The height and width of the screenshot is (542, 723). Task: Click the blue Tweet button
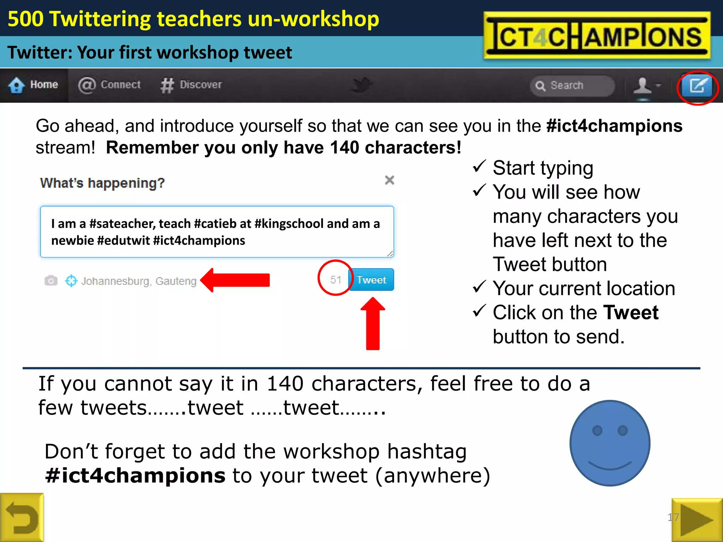pyautogui.click(x=371, y=280)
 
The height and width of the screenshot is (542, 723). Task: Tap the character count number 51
pyautogui.click(x=335, y=280)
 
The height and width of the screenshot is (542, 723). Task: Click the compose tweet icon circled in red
pyautogui.click(x=697, y=86)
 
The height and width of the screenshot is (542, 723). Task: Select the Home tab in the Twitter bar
pyautogui.click(x=34, y=85)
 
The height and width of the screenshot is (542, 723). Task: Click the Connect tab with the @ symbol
pyautogui.click(x=109, y=85)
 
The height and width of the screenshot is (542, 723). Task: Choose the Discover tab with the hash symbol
pyautogui.click(x=192, y=85)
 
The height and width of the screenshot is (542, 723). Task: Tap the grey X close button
pyautogui.click(x=389, y=180)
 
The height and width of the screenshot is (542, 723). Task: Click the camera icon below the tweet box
pyautogui.click(x=51, y=281)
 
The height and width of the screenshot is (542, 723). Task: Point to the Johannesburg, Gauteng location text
pyautogui.click(x=139, y=281)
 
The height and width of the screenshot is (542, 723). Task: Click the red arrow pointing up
pyautogui.click(x=373, y=324)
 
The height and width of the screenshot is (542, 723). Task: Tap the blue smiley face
pyautogui.click(x=610, y=443)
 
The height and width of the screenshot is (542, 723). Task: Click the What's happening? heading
pyautogui.click(x=102, y=183)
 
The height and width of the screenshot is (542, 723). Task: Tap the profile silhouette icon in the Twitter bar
pyautogui.click(x=643, y=86)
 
